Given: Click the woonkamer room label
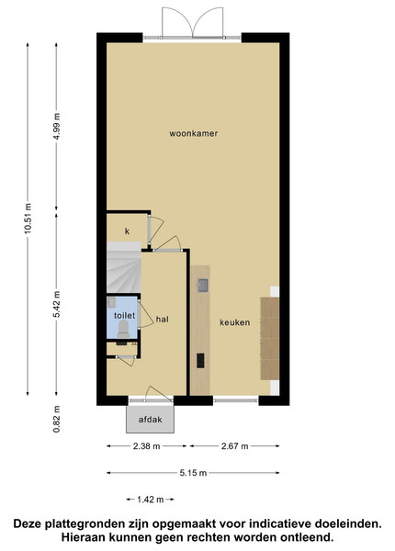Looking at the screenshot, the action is click(x=193, y=133).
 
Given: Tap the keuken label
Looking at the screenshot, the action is click(x=235, y=322).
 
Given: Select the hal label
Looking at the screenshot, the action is click(x=163, y=319).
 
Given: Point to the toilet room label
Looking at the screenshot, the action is click(x=124, y=315).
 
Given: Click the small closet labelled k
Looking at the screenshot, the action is click(x=127, y=231).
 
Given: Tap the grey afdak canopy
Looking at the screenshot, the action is click(x=150, y=420).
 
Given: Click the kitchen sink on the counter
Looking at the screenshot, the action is click(x=203, y=286).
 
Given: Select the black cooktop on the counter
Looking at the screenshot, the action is click(x=200, y=361).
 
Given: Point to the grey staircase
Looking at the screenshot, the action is click(x=124, y=267).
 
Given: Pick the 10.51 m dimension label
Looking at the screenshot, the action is click(x=28, y=218).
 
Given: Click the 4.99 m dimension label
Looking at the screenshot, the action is click(x=57, y=126).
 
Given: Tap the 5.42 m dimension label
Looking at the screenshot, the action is click(x=57, y=304).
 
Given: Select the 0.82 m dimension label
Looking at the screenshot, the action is click(x=57, y=420).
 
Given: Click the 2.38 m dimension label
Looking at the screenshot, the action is click(x=147, y=446).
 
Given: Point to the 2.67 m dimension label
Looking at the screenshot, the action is click(x=235, y=446).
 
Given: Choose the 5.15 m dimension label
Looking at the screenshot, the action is click(x=193, y=473).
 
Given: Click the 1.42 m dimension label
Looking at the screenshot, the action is click(x=151, y=500).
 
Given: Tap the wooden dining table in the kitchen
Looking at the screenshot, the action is click(x=269, y=338).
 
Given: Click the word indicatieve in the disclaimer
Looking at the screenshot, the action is click(x=280, y=524).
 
